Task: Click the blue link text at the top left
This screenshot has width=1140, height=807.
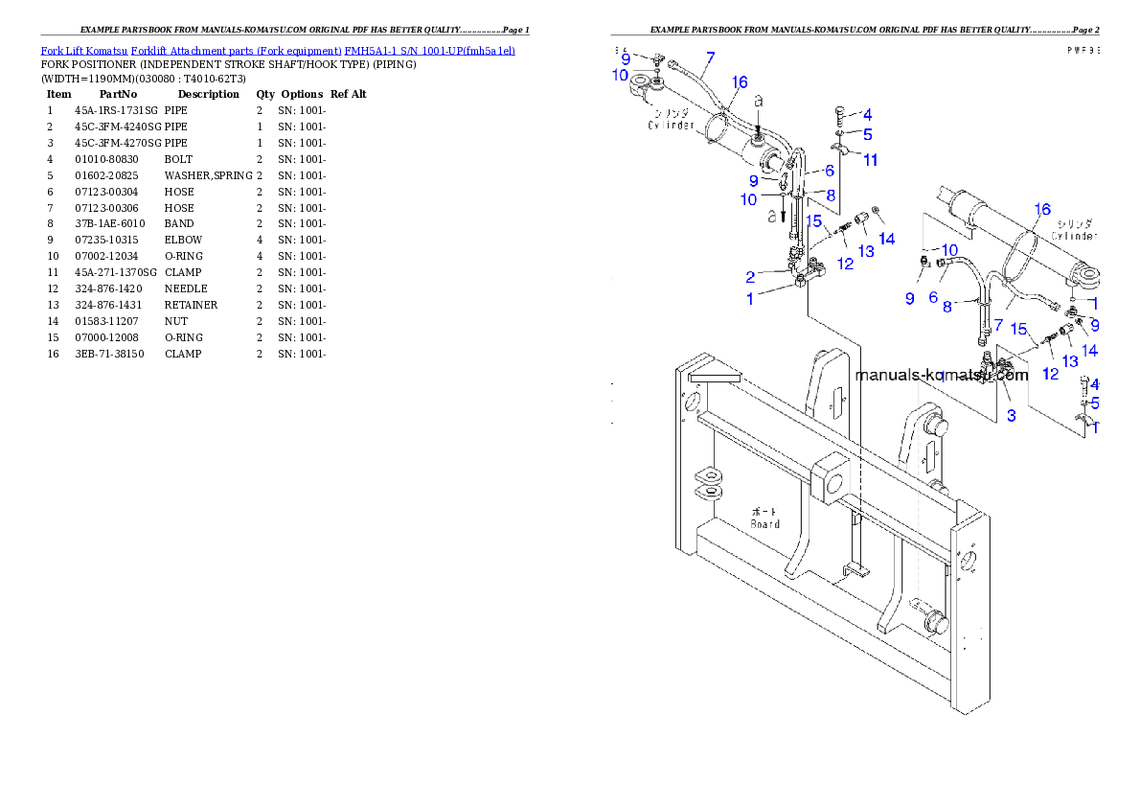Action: [x=278, y=50]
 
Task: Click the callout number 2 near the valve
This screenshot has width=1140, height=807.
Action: [x=751, y=277]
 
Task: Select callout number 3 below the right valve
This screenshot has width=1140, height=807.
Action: [x=1011, y=416]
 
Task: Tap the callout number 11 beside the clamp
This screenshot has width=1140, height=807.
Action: [x=870, y=160]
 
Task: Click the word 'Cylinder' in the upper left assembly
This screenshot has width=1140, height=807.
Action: [x=671, y=126]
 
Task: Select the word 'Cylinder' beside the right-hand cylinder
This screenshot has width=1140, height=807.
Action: [x=1074, y=236]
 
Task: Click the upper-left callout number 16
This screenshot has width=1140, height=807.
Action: [x=740, y=83]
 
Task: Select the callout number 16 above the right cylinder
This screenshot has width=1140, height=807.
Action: [x=1042, y=208]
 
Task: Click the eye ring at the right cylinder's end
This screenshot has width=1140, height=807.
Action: [x=1086, y=278]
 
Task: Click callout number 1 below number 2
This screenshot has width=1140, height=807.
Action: [x=751, y=298]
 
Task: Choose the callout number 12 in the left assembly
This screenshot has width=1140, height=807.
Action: [x=845, y=264]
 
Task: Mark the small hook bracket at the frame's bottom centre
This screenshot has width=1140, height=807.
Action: [x=852, y=573]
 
